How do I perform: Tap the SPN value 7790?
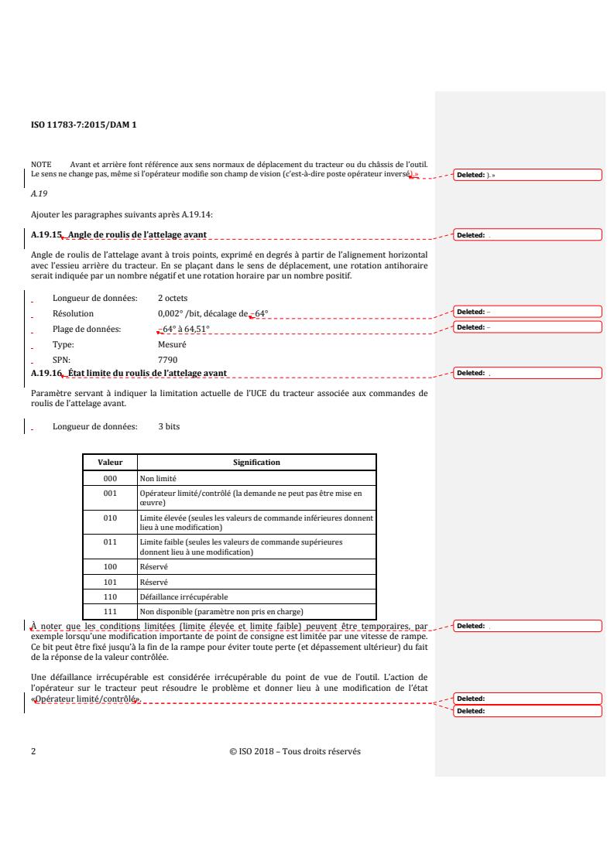pyautogui.click(x=167, y=360)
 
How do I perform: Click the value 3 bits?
pyautogui.click(x=169, y=426)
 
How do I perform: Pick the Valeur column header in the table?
pyautogui.click(x=110, y=463)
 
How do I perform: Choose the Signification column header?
pyautogui.click(x=256, y=463)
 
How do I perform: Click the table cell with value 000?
pyautogui.click(x=110, y=479)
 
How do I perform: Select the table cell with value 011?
pyautogui.click(x=110, y=542)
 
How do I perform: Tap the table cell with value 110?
pyautogui.click(x=110, y=596)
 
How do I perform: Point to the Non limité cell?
pyautogui.click(x=159, y=479)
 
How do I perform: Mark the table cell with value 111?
pyautogui.click(x=110, y=611)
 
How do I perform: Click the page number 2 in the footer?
pyautogui.click(x=33, y=751)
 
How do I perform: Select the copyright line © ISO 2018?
pyautogui.click(x=295, y=751)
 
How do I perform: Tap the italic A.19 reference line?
pyautogui.click(x=39, y=194)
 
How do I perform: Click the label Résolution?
pyautogui.click(x=73, y=313)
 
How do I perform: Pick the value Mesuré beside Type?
pyautogui.click(x=171, y=344)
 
